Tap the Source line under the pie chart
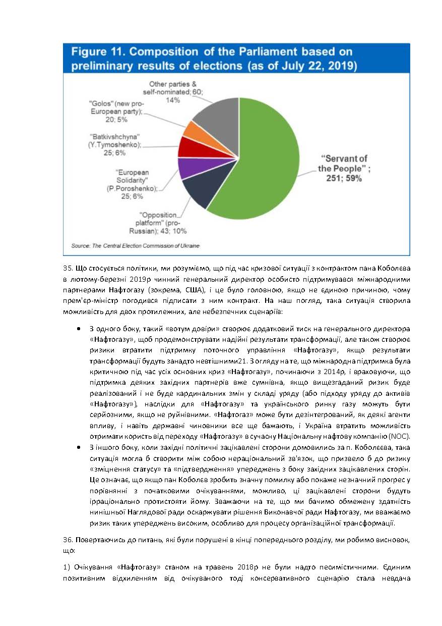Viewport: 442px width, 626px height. point(135,246)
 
